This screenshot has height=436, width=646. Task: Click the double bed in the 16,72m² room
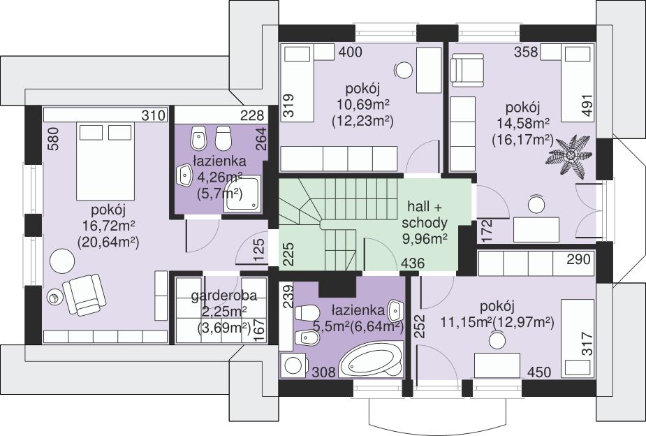pyautogui.click(x=106, y=161)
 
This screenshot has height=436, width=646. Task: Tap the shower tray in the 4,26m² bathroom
pyautogui.click(x=242, y=194)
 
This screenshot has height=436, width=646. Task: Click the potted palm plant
pyautogui.click(x=571, y=156)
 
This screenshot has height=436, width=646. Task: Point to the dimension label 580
pyautogui.click(x=54, y=139)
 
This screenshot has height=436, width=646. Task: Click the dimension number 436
pyautogui.click(x=413, y=263)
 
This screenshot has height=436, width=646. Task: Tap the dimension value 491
pyautogui.click(x=587, y=105)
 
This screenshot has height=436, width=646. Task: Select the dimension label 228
pyautogui.click(x=251, y=115)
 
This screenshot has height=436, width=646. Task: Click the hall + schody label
pyautogui.click(x=425, y=215)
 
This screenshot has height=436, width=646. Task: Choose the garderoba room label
pyautogui.click(x=224, y=296)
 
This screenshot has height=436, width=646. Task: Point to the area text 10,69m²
pyautogui.click(x=363, y=104)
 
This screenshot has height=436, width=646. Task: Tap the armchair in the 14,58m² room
pyautogui.click(x=468, y=70)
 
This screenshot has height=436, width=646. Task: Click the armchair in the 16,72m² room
pyautogui.click(x=85, y=295)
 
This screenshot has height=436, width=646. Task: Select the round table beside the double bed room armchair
pyautogui.click(x=62, y=261)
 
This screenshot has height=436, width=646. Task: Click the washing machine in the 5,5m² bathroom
pyautogui.click(x=293, y=365)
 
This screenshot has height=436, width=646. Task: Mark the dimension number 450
pyautogui.click(x=539, y=372)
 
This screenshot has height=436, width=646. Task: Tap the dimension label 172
pyautogui.click(x=487, y=231)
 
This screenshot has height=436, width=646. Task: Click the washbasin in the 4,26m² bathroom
pyautogui.click(x=185, y=175)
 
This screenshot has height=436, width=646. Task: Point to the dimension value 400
pyautogui.click(x=350, y=52)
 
